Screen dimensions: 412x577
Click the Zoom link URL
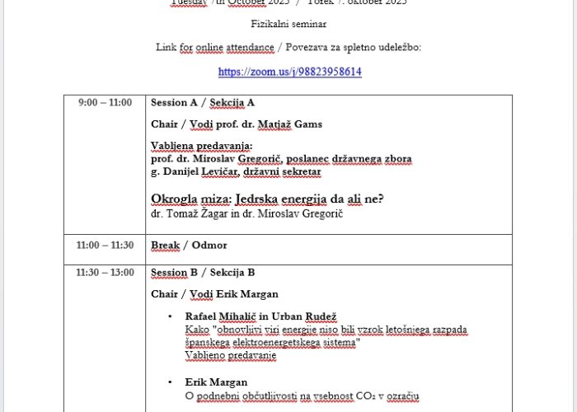(289, 72)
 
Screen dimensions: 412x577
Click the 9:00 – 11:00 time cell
(105, 103)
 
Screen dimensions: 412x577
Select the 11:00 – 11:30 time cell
(105, 245)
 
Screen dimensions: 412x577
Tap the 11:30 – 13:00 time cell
(105, 272)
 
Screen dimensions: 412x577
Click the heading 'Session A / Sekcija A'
(203, 103)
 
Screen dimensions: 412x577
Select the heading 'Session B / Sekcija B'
(203, 273)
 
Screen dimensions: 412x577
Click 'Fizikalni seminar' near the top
(288, 25)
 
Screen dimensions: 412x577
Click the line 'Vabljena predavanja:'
(195, 146)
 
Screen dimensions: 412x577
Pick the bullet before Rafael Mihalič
(170, 316)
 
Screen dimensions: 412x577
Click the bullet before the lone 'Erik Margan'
(170, 382)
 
